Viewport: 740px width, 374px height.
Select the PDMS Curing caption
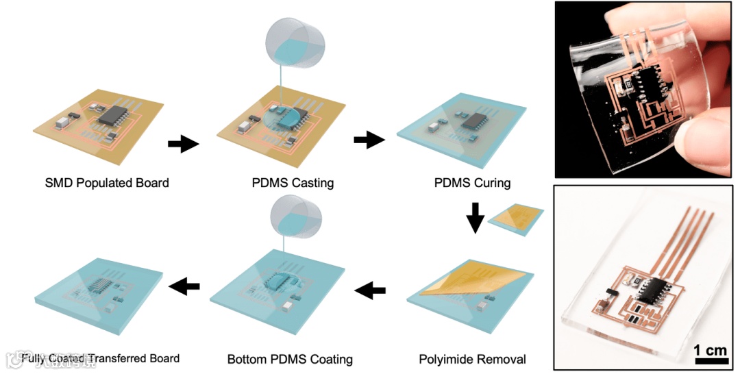(x=472, y=183)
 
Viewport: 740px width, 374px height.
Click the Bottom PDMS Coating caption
(x=289, y=358)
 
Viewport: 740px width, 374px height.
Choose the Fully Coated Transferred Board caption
(x=100, y=358)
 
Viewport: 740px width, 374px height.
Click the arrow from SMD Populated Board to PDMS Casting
(x=183, y=143)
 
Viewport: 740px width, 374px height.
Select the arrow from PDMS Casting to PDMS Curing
(x=369, y=140)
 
